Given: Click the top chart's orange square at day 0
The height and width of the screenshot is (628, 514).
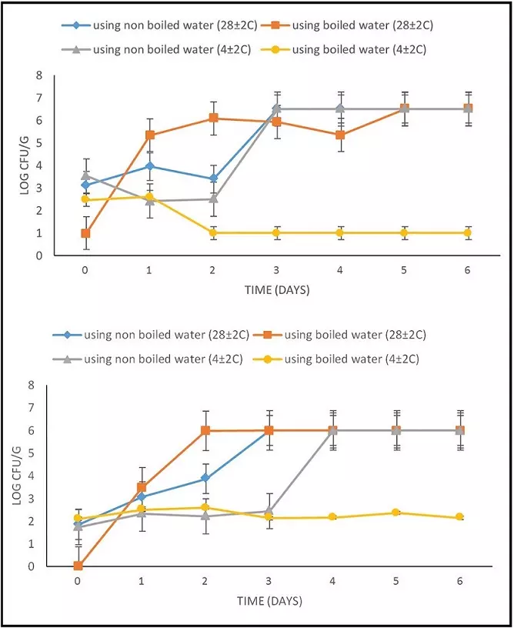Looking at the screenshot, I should pos(85,233).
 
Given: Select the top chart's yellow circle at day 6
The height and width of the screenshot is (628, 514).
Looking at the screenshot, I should pos(468,232).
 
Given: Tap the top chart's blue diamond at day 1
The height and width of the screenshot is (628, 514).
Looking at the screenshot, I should pos(149,166).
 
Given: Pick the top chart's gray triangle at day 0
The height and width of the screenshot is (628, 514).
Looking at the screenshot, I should pos(85,175).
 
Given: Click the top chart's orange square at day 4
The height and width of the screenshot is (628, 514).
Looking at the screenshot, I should pos(340,135).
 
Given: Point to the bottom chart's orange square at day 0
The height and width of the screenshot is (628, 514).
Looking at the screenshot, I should pos(78,566).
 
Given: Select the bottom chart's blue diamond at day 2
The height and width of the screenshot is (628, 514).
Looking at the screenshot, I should pos(205,478).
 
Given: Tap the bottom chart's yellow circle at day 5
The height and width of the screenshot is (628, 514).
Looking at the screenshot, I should pos(396,513).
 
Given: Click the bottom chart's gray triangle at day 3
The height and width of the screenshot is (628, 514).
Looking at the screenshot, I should pos(269,511).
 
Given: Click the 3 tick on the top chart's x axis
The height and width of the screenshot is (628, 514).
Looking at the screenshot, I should pos(276,270).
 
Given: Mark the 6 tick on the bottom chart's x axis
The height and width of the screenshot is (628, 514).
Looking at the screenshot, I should pos(460,582).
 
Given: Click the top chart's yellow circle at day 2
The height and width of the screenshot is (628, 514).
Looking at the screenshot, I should pos(212,232).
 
